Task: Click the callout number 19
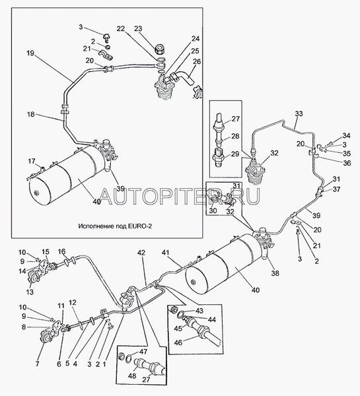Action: click(x=30, y=53)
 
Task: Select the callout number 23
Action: click(x=138, y=28)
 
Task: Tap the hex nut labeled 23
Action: click(x=159, y=48)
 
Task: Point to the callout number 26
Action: click(x=197, y=61)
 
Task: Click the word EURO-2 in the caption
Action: click(x=140, y=226)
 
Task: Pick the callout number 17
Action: click(x=32, y=161)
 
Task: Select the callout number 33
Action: click(x=299, y=114)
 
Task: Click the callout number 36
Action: click(x=347, y=163)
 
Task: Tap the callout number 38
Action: click(x=275, y=273)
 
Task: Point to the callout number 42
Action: click(x=142, y=253)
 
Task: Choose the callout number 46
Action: click(x=178, y=343)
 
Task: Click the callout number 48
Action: click(x=132, y=376)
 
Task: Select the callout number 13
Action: click(x=30, y=292)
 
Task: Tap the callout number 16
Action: click(x=61, y=251)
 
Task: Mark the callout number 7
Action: click(x=38, y=364)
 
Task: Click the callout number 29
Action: click(x=235, y=154)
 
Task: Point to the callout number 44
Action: click(x=212, y=319)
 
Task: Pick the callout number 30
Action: click(x=213, y=211)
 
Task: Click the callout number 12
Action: click(x=72, y=302)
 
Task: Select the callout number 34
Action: click(x=346, y=135)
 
